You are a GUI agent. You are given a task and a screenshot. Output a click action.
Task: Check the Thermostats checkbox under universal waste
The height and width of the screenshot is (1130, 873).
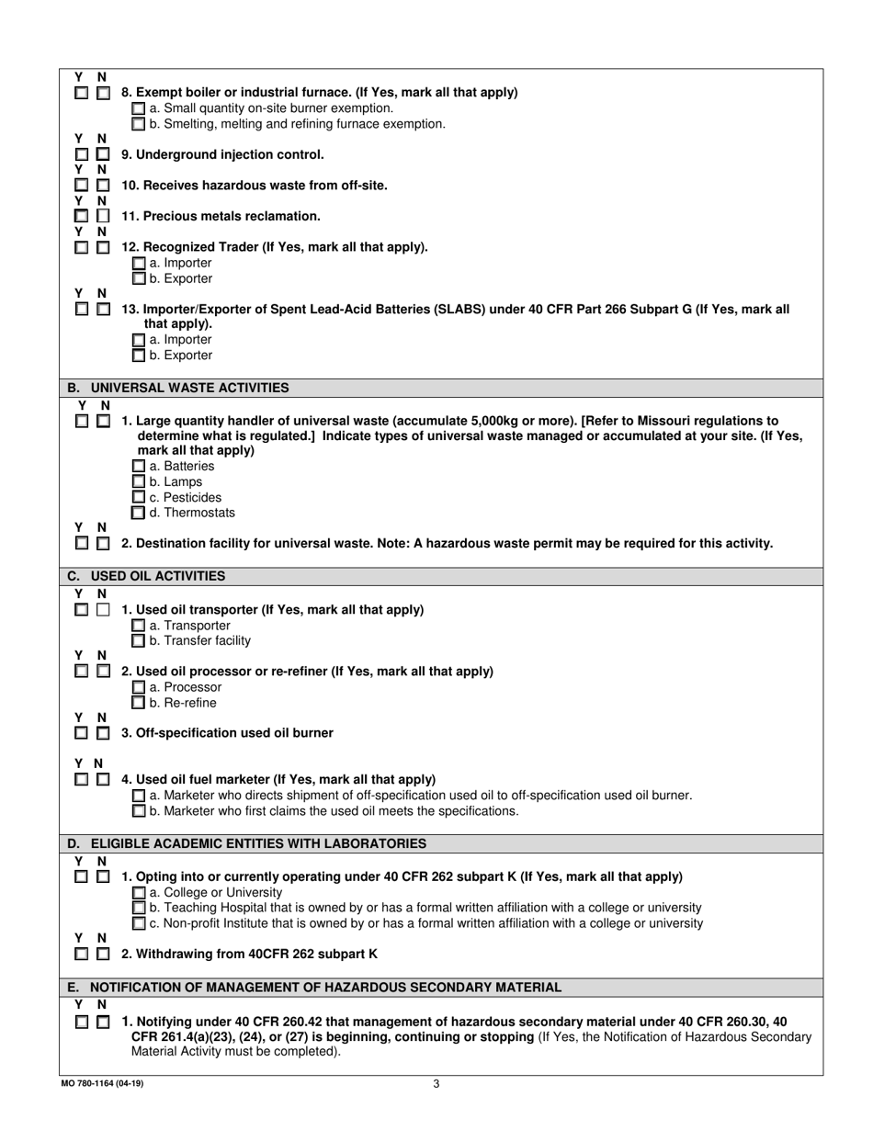click(x=139, y=513)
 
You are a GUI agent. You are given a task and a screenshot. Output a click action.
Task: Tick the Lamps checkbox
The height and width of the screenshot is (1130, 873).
click(x=139, y=481)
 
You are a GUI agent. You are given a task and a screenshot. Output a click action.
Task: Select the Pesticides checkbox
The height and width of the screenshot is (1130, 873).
click(x=139, y=497)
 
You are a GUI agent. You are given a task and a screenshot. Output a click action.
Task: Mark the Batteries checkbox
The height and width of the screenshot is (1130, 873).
click(x=139, y=466)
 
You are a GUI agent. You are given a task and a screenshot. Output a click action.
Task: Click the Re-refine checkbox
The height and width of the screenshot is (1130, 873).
click(x=139, y=703)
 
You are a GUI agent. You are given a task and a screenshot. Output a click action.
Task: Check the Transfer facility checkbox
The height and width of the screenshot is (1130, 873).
click(x=139, y=640)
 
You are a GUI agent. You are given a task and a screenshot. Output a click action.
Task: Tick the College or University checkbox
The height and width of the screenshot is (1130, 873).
click(x=139, y=892)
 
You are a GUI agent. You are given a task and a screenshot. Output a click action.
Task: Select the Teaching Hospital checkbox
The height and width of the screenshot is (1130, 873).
click(x=139, y=908)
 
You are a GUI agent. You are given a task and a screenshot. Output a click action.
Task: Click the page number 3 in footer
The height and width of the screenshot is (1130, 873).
click(x=436, y=1083)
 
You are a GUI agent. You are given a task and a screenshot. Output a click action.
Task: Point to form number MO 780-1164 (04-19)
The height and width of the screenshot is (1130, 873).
click(x=102, y=1083)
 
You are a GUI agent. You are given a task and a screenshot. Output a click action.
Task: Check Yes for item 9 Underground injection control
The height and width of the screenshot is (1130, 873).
click(x=81, y=154)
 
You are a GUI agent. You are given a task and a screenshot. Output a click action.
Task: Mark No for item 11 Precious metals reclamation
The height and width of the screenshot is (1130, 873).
click(x=103, y=216)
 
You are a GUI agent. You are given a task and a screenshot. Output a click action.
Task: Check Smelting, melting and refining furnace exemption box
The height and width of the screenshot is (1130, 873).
click(x=139, y=124)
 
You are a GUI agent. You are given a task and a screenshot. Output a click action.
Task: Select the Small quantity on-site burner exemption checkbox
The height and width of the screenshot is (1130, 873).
click(x=139, y=108)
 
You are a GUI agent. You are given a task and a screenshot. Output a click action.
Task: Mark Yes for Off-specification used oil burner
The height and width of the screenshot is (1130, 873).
click(x=81, y=733)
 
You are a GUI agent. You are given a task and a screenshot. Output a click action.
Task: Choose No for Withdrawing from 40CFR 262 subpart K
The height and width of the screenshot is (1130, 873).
click(x=103, y=955)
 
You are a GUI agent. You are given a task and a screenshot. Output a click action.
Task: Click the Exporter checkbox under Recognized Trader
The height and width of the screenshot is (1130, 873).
click(x=139, y=278)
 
